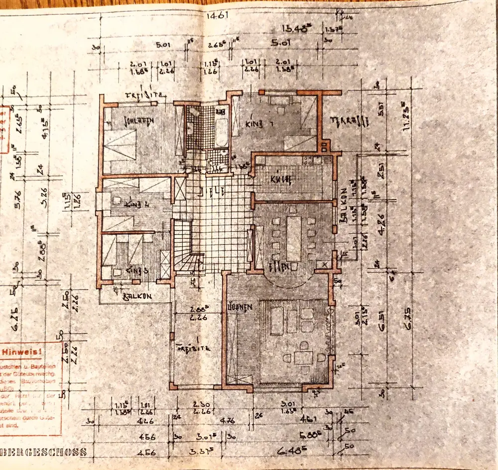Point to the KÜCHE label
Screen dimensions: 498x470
pos(280,179)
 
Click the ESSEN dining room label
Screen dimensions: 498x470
pos(280,267)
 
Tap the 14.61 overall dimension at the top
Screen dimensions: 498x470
pos(217,14)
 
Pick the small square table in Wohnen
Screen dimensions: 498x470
pos(303,357)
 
